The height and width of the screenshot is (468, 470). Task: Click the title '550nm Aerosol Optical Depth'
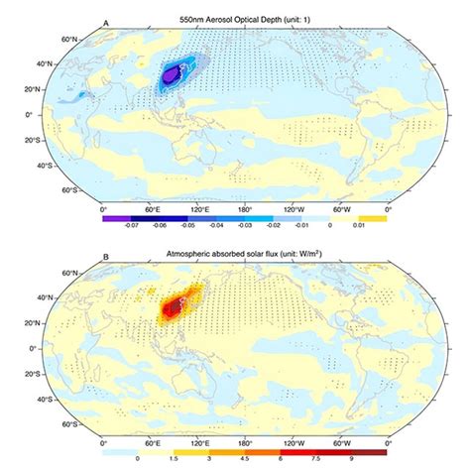235,19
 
